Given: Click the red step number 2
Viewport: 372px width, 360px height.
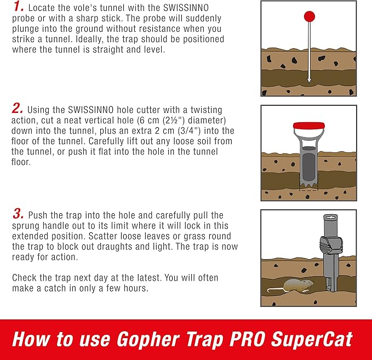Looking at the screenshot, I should (x=18, y=109).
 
